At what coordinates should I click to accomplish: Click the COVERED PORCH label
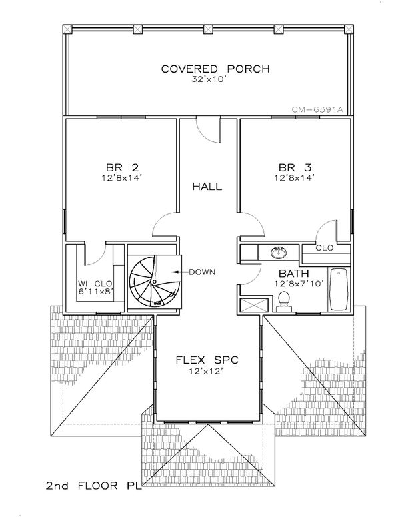click(215, 69)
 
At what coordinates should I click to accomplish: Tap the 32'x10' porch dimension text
click(208, 79)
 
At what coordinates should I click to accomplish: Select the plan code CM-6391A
click(317, 110)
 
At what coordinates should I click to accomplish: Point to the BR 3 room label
click(295, 167)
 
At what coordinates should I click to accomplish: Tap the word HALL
click(207, 187)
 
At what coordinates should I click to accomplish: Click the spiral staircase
click(155, 282)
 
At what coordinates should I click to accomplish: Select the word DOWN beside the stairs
click(201, 272)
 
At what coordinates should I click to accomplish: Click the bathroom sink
click(279, 253)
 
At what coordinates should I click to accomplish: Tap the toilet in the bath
click(284, 302)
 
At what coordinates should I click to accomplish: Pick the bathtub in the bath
click(339, 290)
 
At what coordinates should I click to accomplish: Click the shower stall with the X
click(253, 305)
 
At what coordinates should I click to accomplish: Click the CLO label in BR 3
click(325, 248)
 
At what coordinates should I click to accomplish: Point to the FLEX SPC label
click(207, 360)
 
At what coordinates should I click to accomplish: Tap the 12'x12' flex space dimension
click(207, 371)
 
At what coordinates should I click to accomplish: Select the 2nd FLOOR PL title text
click(94, 486)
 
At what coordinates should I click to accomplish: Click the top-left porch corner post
click(67, 29)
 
